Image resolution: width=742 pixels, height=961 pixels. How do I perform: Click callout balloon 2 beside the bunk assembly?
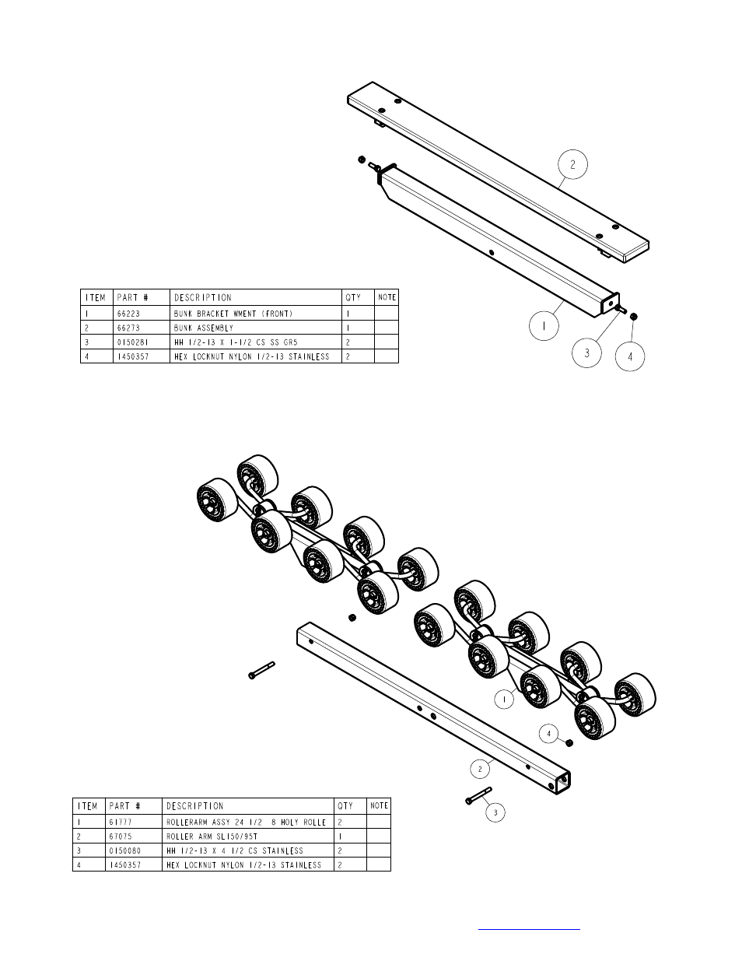click(572, 165)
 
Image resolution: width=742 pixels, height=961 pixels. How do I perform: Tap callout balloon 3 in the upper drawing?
click(587, 352)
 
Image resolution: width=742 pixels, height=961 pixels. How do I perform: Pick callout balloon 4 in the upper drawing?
click(630, 356)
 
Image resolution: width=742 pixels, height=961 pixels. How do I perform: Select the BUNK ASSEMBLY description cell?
click(204, 328)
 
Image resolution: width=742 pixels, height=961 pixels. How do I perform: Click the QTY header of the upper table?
click(354, 297)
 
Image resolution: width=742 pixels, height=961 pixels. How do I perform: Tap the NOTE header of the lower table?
click(379, 805)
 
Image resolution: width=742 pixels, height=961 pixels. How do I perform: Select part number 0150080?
click(124, 851)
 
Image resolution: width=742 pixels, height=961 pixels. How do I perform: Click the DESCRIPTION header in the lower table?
click(195, 806)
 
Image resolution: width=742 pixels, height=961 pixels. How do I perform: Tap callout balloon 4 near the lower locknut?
click(549, 733)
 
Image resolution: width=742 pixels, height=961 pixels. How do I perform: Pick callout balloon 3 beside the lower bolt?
click(495, 813)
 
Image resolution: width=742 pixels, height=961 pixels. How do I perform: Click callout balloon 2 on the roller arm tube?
click(480, 769)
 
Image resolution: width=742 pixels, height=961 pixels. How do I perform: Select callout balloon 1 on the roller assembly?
click(504, 700)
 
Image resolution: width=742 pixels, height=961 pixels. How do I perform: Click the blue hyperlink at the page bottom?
click(529, 928)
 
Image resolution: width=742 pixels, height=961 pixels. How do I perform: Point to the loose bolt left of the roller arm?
click(261, 670)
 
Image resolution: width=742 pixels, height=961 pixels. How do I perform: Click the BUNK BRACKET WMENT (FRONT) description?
click(233, 314)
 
